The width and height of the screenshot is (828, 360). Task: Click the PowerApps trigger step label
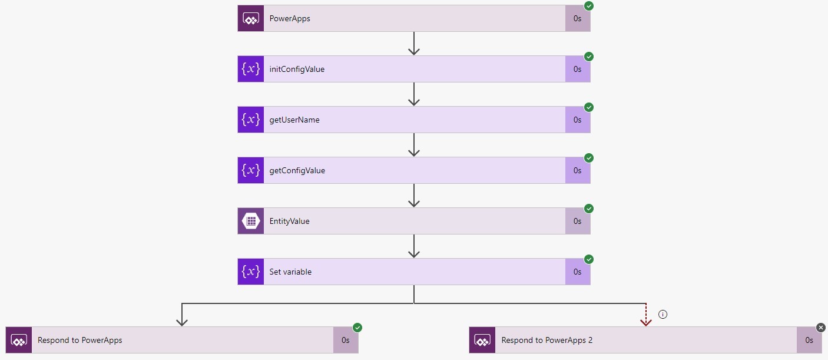290,18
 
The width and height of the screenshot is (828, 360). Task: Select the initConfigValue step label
297,69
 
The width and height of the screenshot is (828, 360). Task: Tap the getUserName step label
294,120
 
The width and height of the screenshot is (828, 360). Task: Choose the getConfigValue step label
297,170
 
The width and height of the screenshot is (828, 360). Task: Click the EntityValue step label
289,221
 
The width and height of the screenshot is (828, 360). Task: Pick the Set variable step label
290,272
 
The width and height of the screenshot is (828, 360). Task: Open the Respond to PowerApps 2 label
547,340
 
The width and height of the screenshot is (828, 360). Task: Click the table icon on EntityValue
251,221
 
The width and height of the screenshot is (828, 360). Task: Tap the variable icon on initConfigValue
251,69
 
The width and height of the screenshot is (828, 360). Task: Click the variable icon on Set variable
251,272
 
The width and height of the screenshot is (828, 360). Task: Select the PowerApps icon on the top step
251,18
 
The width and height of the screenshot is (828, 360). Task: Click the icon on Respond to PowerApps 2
482,340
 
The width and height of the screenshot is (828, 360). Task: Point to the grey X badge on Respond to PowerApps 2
821,328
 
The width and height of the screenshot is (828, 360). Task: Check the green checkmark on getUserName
589,107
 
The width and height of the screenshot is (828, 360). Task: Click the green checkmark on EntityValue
589,209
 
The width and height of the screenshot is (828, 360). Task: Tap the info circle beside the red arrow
663,315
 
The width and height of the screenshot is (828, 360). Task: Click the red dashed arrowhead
646,321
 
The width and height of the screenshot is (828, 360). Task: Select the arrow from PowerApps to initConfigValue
414,44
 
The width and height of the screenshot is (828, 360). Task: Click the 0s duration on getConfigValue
577,170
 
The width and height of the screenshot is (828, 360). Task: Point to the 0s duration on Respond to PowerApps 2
809,340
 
